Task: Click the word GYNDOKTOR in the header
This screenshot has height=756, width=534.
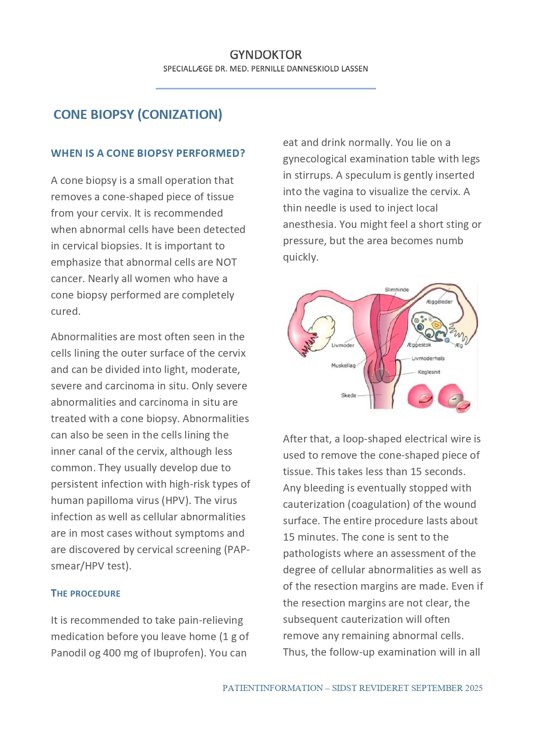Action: point(265,55)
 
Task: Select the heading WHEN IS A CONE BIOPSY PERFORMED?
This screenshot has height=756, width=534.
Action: point(148,153)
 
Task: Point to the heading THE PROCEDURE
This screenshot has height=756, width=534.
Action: point(85,593)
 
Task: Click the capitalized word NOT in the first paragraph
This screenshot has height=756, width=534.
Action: point(226,262)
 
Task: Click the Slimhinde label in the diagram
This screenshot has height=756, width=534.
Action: point(397,290)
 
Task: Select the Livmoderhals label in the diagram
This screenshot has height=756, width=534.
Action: point(428,358)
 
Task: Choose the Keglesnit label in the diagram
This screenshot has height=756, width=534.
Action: point(429,372)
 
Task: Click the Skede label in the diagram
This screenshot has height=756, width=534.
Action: point(348,395)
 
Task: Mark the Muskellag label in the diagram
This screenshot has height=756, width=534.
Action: point(343,366)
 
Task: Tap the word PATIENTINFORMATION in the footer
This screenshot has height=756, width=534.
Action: point(272,688)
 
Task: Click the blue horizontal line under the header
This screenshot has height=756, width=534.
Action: point(265,89)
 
